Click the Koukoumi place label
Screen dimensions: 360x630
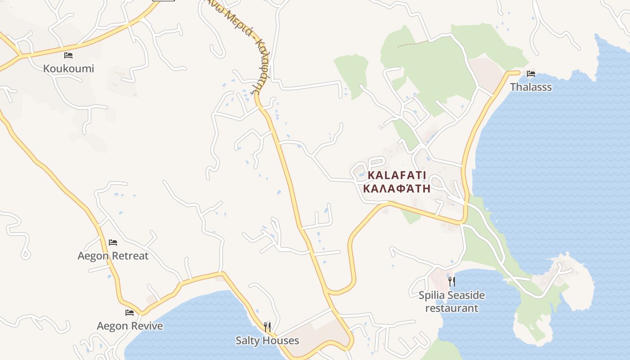pyautogui.click(x=68, y=68)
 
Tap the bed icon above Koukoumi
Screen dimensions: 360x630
pyautogui.click(x=68, y=55)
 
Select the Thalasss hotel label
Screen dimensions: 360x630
pyautogui.click(x=531, y=87)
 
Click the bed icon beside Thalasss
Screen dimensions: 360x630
pyautogui.click(x=531, y=74)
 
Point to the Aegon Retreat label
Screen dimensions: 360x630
pyautogui.click(x=113, y=256)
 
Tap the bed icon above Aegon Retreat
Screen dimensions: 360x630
pyautogui.click(x=113, y=243)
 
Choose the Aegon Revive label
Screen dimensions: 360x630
pyautogui.click(x=130, y=326)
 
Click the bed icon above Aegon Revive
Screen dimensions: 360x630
pyautogui.click(x=130, y=313)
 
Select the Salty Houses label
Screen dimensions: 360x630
pyautogui.click(x=267, y=341)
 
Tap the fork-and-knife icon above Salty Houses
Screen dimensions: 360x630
pyautogui.click(x=267, y=326)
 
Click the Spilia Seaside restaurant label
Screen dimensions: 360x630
pyautogui.click(x=452, y=301)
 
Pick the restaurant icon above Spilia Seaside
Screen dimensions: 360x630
pyautogui.click(x=452, y=282)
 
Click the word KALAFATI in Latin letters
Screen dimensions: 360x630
pyautogui.click(x=396, y=175)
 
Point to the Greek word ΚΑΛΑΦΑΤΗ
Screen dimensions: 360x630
pyautogui.click(x=396, y=188)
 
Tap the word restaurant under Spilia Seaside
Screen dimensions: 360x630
pyautogui.click(x=452, y=308)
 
